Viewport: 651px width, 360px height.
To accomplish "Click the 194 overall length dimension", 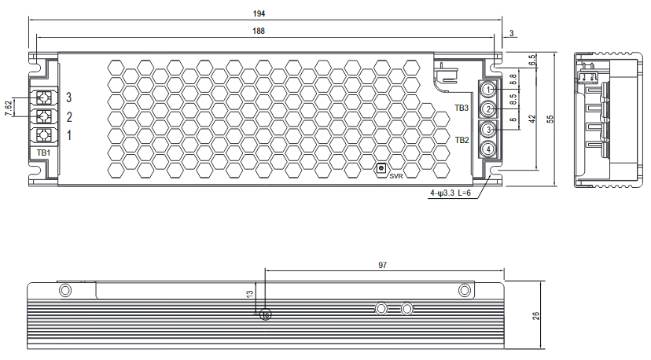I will tap(259, 13).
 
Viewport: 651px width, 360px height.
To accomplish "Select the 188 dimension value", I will tap(259, 31).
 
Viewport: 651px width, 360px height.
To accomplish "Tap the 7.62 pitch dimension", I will tap(9, 108).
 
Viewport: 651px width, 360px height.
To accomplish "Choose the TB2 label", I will tap(462, 140).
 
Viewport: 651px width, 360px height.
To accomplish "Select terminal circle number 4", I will tap(488, 149).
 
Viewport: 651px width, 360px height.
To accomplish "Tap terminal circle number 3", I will tap(488, 129).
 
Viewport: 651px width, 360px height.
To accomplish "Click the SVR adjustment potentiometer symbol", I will tap(382, 167).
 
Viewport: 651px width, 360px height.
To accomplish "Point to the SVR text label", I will tap(395, 176).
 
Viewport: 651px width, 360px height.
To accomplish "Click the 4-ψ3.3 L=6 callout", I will tap(450, 193).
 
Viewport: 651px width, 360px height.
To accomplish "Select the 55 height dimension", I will tap(550, 118).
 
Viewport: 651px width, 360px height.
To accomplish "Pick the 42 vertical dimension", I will tap(532, 118).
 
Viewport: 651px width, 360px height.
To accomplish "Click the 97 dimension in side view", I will tap(382, 266).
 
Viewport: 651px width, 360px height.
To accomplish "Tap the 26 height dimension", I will tap(536, 315).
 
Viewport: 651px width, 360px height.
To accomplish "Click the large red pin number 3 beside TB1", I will tap(69, 97).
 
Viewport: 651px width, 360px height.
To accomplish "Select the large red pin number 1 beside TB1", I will tap(69, 135).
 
